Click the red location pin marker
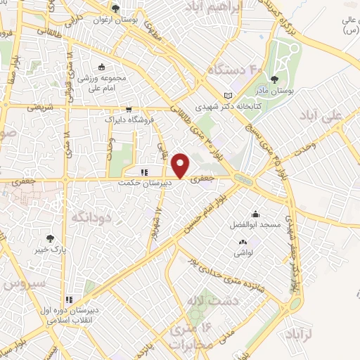pos(181,165)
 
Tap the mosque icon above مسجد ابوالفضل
pos(255,214)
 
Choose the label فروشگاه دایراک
pos(130,120)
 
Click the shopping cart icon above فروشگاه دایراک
pos(129,109)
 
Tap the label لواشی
pos(243,251)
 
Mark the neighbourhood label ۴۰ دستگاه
pos(236,70)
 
